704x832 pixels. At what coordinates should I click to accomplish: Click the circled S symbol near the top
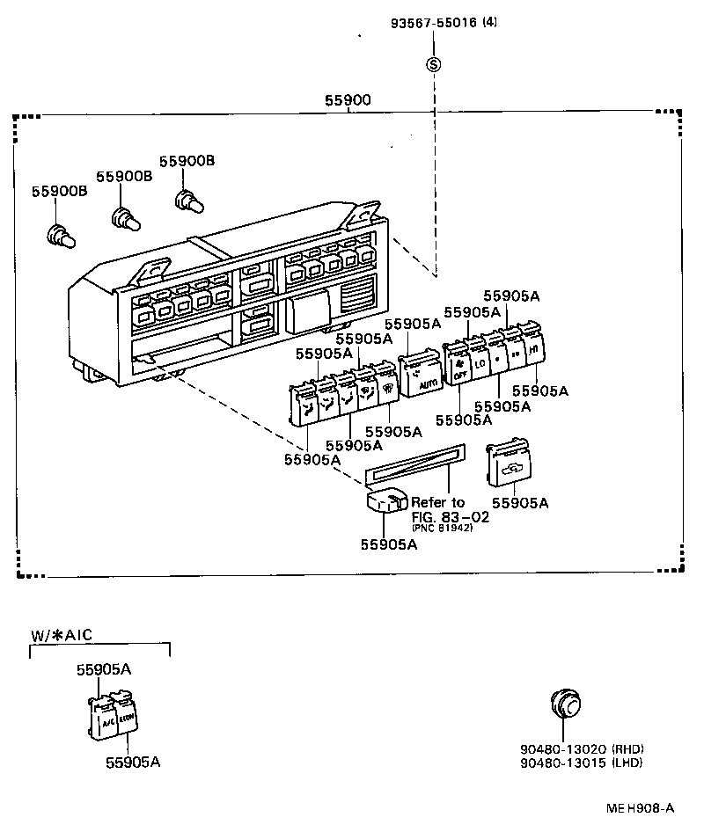[433, 64]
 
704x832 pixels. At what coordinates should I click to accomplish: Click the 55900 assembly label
[348, 101]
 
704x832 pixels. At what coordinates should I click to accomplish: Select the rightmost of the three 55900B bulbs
[187, 201]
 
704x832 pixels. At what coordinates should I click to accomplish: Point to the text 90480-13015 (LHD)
[581, 762]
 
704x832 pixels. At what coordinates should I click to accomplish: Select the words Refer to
[437, 502]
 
